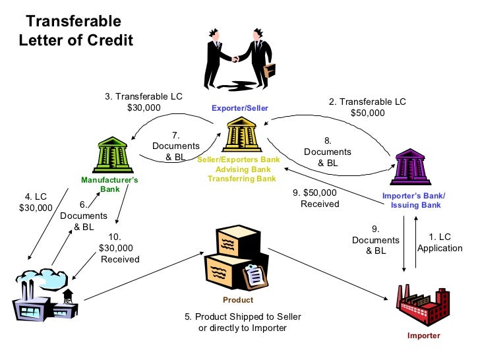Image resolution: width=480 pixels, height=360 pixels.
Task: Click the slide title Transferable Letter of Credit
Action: [x=76, y=31]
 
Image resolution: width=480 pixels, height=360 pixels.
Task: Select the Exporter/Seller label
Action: [x=239, y=107]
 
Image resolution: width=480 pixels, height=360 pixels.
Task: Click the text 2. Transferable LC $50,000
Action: [x=367, y=107]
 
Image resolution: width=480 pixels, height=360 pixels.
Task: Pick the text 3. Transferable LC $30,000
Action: [x=144, y=102]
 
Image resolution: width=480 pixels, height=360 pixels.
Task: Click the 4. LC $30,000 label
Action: [x=36, y=202]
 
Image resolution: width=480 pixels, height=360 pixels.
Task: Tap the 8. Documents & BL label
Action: [x=327, y=152]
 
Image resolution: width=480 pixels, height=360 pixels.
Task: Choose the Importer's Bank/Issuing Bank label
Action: [x=413, y=200]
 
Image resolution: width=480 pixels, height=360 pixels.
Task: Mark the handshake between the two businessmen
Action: [x=235, y=59]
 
